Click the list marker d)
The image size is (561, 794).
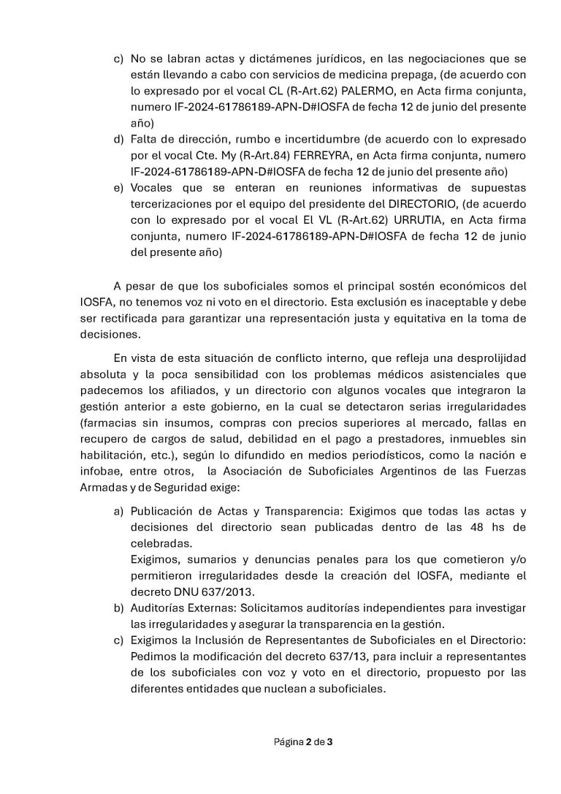(x=118, y=139)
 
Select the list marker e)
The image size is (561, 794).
(x=118, y=188)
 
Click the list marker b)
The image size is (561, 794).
(x=118, y=608)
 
